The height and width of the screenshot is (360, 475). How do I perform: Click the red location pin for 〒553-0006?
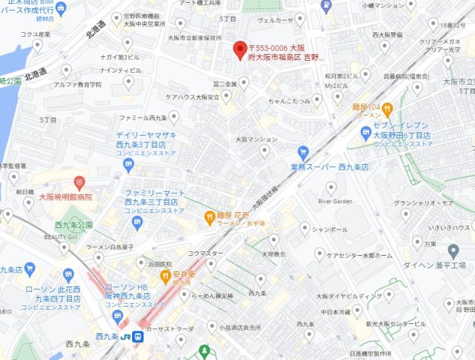click(x=240, y=49)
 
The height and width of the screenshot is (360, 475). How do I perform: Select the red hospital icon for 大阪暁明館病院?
click(x=80, y=182)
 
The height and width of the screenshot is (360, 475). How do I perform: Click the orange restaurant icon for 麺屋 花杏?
click(x=209, y=217)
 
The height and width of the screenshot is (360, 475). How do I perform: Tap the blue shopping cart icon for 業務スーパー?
click(x=303, y=151)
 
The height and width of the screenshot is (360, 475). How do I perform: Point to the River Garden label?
click(x=335, y=201)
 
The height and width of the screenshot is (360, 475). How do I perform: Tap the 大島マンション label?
click(x=256, y=139)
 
